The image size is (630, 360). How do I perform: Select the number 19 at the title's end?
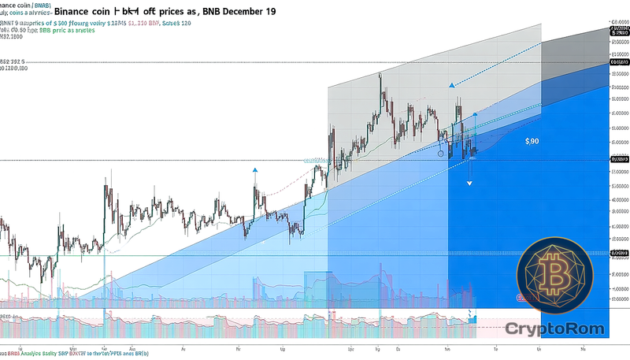[269, 13]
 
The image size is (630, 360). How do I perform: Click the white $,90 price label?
[533, 141]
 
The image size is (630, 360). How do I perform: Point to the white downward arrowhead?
[469, 183]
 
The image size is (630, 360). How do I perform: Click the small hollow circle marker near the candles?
[441, 154]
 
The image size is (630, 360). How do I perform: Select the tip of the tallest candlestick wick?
[380, 73]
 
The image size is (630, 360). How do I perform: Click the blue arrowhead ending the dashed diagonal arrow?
[451, 85]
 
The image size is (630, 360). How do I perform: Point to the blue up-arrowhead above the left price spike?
[255, 169]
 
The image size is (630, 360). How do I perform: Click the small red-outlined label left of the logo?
[521, 298]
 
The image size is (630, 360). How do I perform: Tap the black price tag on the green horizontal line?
[620, 254]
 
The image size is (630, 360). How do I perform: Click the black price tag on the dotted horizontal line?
[620, 160]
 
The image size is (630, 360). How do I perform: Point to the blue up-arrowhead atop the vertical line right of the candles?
[475, 115]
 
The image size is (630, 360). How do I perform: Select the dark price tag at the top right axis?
[620, 61]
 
